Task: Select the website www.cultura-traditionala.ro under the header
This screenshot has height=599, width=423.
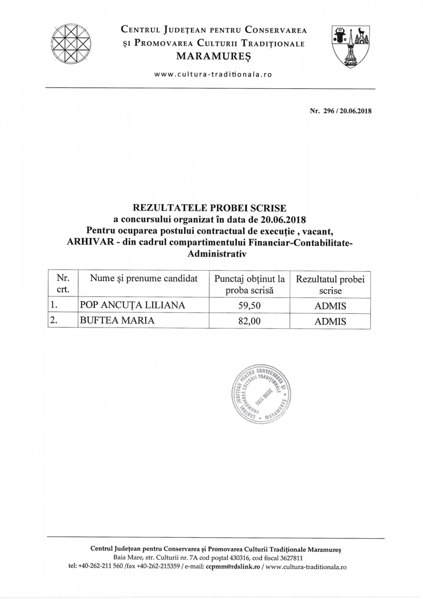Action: coord(213,74)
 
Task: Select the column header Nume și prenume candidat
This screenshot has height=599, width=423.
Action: coord(144,279)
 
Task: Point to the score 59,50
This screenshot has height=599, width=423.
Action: coord(250,305)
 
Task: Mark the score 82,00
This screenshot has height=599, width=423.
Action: coord(250,321)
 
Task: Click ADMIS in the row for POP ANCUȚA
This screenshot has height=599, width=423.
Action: coord(330,305)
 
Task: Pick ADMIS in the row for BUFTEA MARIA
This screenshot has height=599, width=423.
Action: coord(330,321)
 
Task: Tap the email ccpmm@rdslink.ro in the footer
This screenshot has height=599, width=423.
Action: coord(236,567)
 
